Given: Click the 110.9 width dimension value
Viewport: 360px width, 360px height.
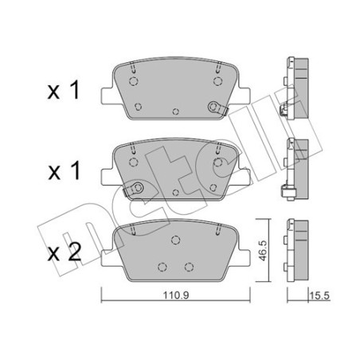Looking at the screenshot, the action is click(175, 295).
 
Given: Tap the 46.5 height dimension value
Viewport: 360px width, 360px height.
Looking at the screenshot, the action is click(262, 251).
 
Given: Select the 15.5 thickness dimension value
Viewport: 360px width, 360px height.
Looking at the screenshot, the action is click(319, 295).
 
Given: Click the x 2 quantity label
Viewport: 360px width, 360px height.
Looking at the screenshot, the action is click(65, 252).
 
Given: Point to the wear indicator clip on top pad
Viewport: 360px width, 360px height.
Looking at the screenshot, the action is click(217, 108).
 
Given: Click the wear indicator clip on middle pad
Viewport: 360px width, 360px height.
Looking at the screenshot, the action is click(134, 189).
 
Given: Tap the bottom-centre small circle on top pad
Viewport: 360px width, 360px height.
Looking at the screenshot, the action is click(175, 112).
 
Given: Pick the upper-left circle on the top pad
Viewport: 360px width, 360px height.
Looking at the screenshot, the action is click(133, 81).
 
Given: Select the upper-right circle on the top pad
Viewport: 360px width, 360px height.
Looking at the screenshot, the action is click(217, 81).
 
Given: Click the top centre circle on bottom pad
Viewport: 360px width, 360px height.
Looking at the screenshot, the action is click(175, 240).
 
